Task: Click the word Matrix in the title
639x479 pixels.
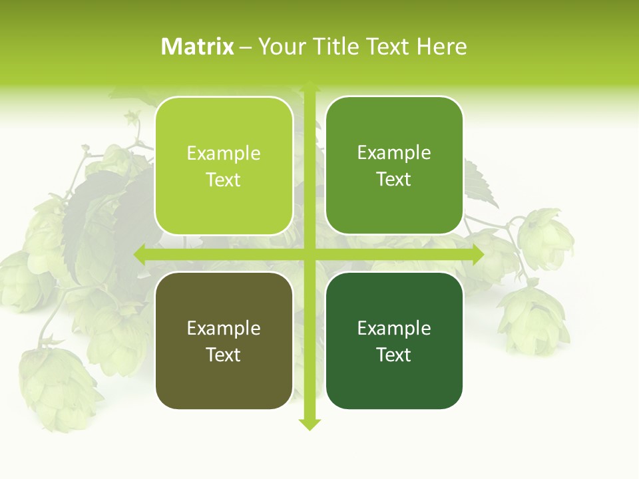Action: (198, 47)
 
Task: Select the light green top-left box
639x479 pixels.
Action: (224, 166)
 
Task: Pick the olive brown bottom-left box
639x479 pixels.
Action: (224, 341)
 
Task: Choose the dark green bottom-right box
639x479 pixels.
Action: (394, 341)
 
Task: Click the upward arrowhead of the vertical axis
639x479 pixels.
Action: (310, 86)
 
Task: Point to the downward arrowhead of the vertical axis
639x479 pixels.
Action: (310, 424)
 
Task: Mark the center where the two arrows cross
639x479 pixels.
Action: (310, 255)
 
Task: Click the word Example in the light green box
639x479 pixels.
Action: (224, 154)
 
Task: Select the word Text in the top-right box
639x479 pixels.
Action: (393, 179)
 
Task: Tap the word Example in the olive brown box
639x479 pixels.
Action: (224, 329)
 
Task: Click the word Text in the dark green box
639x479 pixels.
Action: (393, 355)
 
